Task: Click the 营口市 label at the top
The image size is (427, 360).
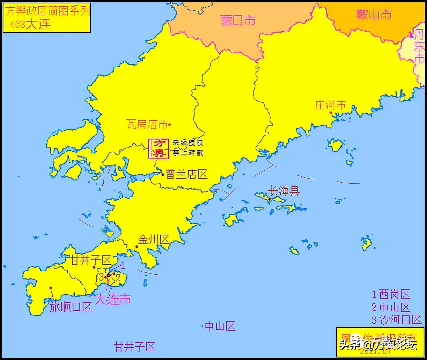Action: point(238,20)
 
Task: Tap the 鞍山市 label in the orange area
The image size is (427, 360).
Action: point(373,15)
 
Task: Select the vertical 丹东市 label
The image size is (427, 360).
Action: point(419,47)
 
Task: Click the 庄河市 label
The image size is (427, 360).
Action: point(331,105)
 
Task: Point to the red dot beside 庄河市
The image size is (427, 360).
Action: point(331,113)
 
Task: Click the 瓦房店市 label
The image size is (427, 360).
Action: point(147,124)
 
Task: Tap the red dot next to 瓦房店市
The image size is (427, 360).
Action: point(169,125)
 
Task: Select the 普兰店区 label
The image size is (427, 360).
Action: point(186,174)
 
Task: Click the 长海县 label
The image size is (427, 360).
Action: point(284,191)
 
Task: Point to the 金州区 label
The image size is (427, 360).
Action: point(154,239)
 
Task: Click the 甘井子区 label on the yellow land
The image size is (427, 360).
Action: point(91,260)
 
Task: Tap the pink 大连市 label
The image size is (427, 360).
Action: point(112,299)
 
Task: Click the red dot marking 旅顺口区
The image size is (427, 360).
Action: point(51,288)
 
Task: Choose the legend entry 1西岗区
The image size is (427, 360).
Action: point(391,294)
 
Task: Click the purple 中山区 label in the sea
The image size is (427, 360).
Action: point(220,326)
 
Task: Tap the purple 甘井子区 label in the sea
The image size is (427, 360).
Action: point(135,347)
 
